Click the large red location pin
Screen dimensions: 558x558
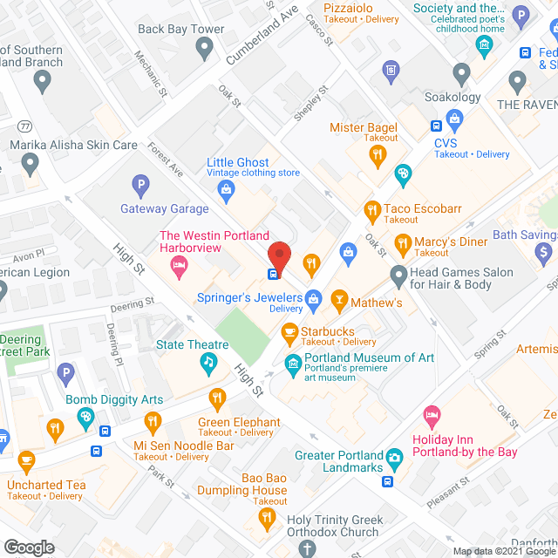coord(279,255)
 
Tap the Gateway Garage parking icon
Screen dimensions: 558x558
coord(139,185)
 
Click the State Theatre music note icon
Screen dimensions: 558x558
coord(208,361)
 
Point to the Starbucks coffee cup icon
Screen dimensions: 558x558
coord(289,332)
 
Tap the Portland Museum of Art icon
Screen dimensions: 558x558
coord(292,361)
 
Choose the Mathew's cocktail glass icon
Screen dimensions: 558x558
coord(339,303)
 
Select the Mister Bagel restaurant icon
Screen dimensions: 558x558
coord(377,156)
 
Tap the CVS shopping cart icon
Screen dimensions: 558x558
coord(453,119)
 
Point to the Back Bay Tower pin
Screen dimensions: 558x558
coord(204,49)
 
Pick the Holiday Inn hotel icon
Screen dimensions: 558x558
coord(429,412)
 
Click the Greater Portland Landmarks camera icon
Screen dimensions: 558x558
coord(394,456)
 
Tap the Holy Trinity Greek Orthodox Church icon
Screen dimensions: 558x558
coord(306,548)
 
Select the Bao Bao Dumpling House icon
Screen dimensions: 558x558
coord(267,520)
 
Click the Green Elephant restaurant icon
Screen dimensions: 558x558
coord(217,400)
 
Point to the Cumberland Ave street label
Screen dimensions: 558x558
coord(262,34)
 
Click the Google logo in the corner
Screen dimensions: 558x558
coord(28,547)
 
